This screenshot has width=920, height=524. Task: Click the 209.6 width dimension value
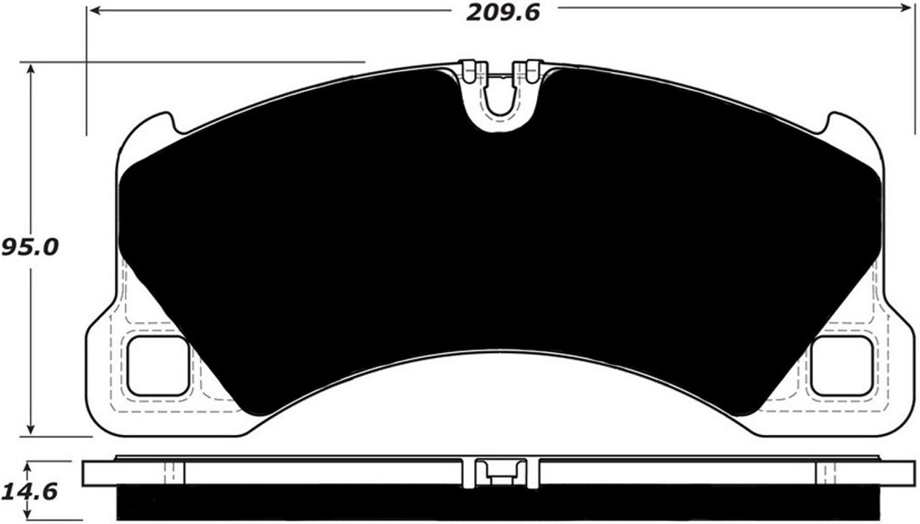click(502, 12)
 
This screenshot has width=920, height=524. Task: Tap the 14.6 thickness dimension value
click(29, 492)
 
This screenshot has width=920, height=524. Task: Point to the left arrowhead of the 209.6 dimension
click(93, 11)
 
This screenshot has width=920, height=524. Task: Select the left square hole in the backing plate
click(157, 366)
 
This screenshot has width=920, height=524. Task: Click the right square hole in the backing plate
click(841, 366)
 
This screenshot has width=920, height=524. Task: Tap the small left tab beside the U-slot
click(469, 70)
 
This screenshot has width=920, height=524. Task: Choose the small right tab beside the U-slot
click(532, 70)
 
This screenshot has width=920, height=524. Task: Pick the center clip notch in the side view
click(500, 472)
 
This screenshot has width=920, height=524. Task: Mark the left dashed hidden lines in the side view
click(170, 473)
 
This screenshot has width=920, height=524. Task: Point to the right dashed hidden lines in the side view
click(829, 473)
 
